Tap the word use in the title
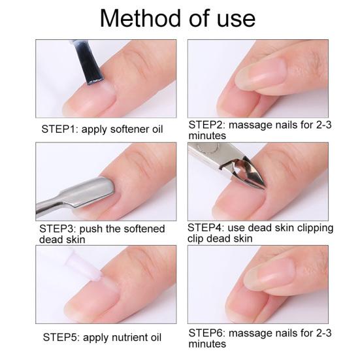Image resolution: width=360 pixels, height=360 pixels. (x=233, y=18)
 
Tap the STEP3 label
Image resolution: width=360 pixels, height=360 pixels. (x=57, y=229)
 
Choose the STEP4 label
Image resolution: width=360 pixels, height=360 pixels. (x=208, y=228)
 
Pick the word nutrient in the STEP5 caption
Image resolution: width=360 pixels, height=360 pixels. (x=132, y=338)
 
